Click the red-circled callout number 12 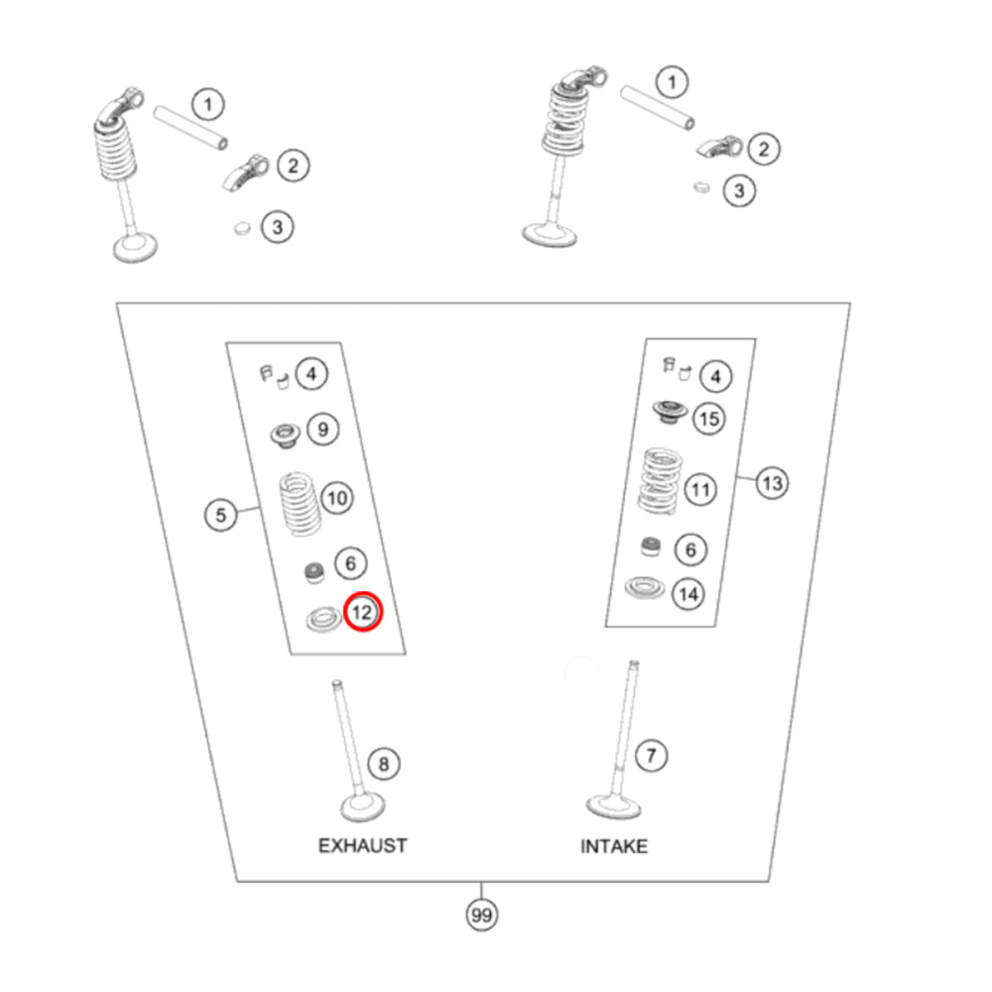(363, 612)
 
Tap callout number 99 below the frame (481, 915)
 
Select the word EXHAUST (362, 846)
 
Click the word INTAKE (614, 846)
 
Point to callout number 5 (221, 514)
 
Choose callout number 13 (773, 484)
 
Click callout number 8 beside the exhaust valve (383, 764)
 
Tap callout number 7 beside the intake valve (651, 755)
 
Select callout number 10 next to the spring (337, 498)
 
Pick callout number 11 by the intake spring (699, 490)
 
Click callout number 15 (708, 419)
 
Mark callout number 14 (688, 594)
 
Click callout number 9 (322, 430)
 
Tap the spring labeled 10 (300, 504)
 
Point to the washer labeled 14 (645, 587)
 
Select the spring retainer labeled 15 (670, 412)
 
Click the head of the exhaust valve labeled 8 (363, 807)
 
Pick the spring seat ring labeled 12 (324, 619)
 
